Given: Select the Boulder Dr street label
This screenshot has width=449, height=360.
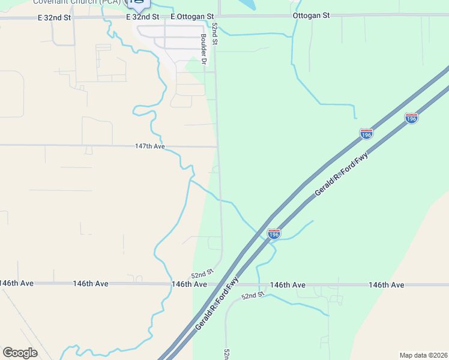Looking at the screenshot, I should click(x=203, y=50).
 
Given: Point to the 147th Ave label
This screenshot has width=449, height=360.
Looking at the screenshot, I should click(x=149, y=146).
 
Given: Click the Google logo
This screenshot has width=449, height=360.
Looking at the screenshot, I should click(x=20, y=353).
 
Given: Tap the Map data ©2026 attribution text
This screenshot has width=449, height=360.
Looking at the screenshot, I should click(x=423, y=355).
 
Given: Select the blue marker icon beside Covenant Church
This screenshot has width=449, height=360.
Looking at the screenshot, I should click(x=139, y=4).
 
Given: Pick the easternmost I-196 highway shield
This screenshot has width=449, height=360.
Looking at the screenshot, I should click(x=411, y=118).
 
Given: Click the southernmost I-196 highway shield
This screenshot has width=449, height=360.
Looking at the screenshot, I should click(x=274, y=233).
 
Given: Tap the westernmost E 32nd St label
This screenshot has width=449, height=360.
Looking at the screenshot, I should click(x=54, y=18).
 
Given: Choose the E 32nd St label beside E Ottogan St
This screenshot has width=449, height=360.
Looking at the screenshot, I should click(x=143, y=17).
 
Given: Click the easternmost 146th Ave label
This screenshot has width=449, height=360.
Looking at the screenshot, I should click(x=387, y=285).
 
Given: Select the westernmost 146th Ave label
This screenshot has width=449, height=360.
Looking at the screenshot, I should click(x=16, y=283).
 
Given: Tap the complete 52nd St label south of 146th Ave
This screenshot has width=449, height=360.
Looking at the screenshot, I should click(x=253, y=296).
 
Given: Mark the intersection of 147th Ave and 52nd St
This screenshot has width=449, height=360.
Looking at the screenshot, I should click(x=217, y=146).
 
